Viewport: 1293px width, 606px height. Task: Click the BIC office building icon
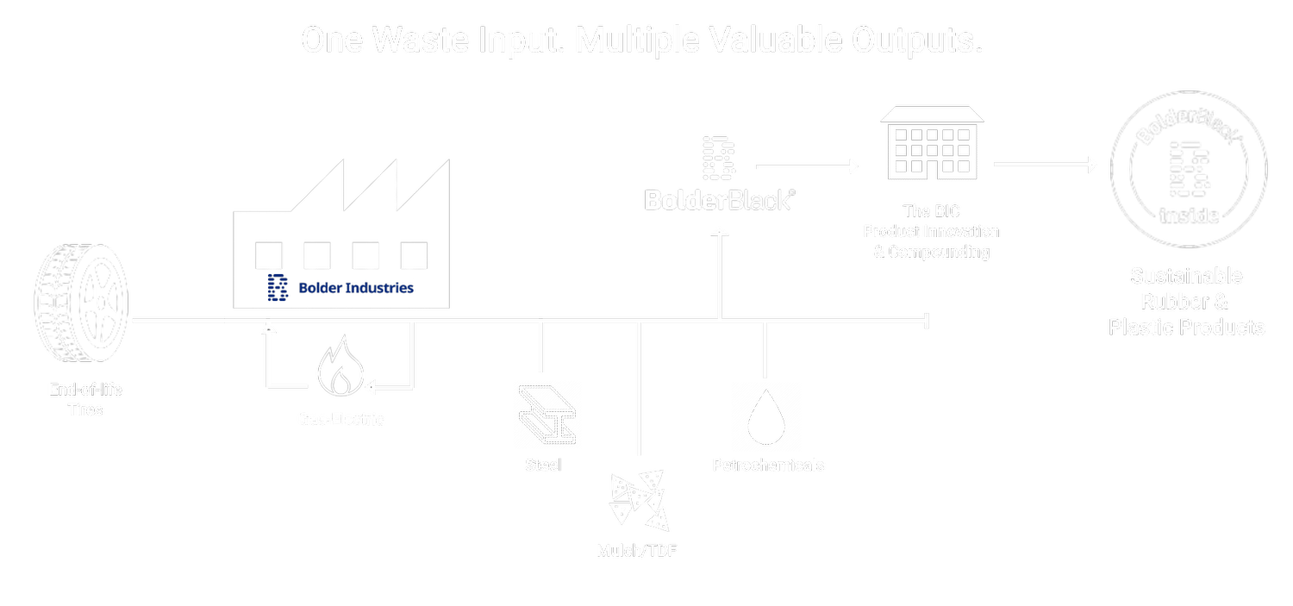point(931,144)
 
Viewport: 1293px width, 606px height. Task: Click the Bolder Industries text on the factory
point(355,287)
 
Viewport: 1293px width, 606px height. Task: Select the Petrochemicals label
point(768,465)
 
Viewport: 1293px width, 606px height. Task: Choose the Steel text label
point(543,465)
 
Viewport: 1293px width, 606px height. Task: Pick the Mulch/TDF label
point(637,551)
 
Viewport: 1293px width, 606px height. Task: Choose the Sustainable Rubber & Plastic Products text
point(1186,302)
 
